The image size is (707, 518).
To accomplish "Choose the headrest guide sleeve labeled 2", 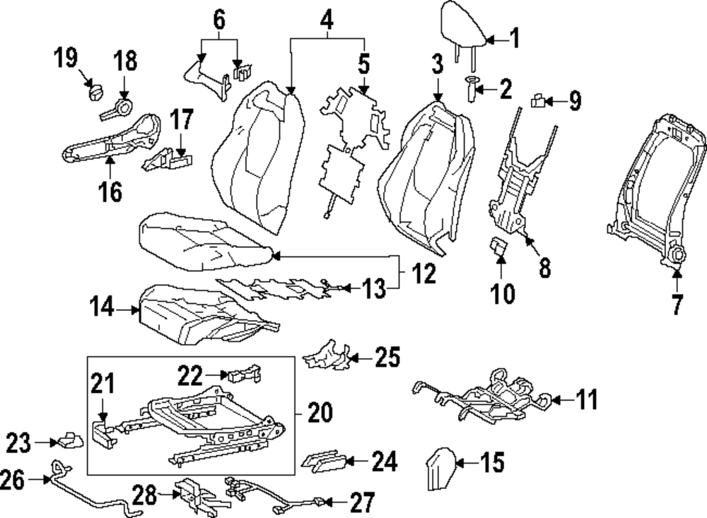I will [469, 90].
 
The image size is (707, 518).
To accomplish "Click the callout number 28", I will [146, 494].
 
